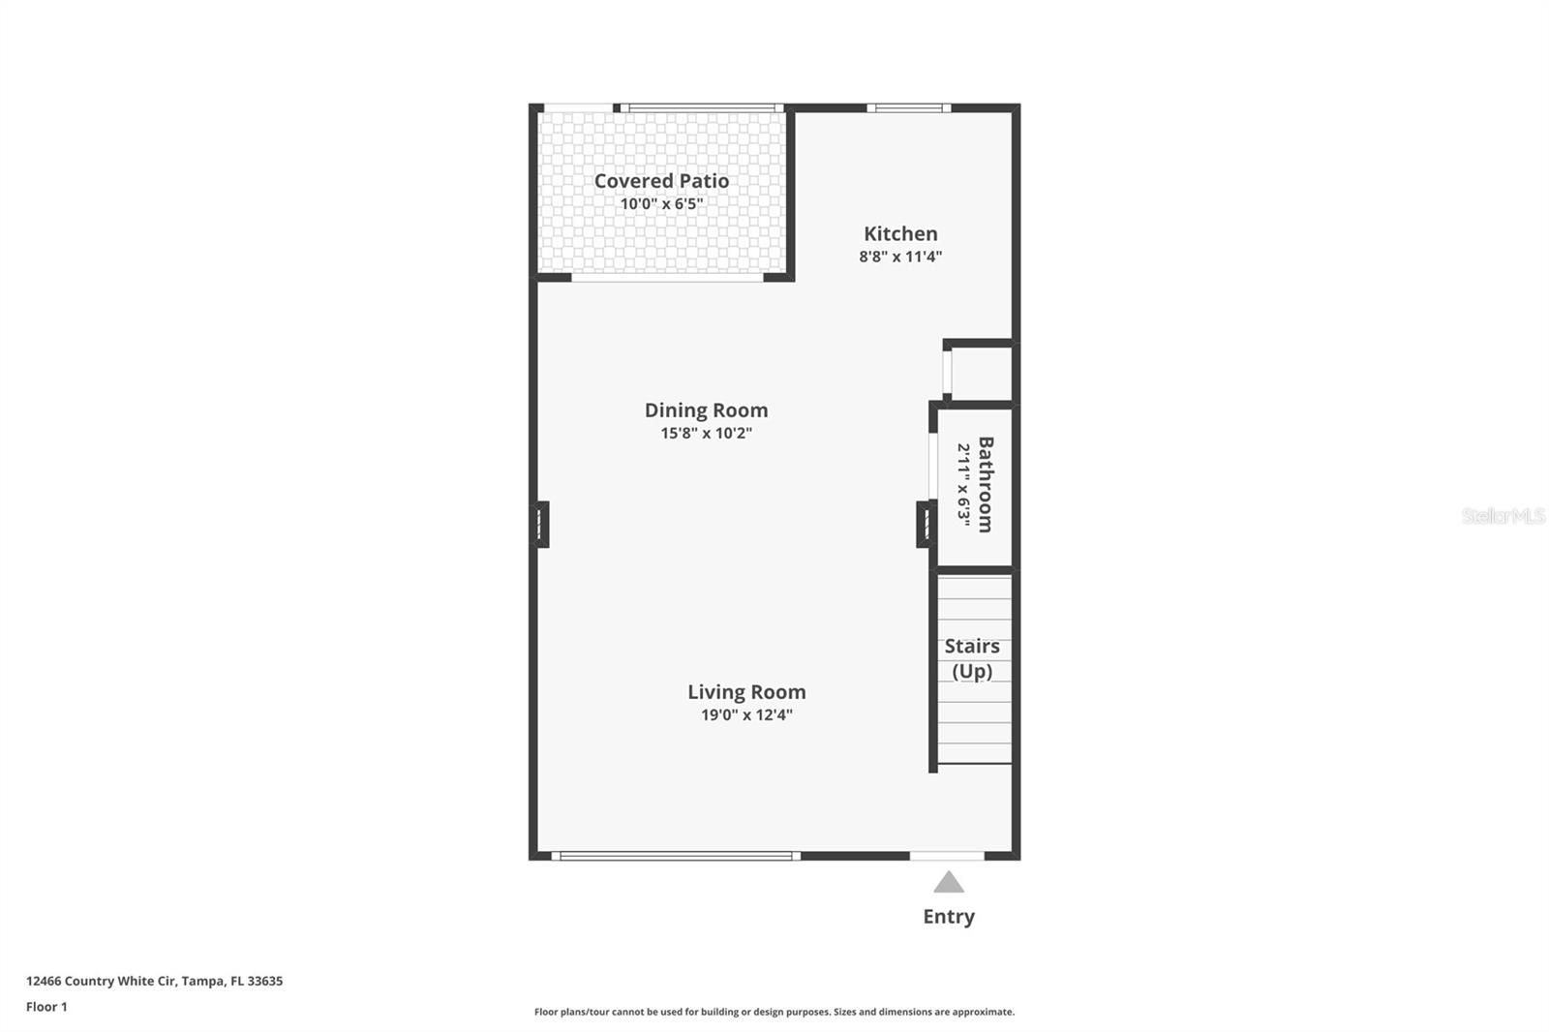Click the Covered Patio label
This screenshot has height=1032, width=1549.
coord(661,181)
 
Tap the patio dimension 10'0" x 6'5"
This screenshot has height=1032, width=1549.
coord(661,204)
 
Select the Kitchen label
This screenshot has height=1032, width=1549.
coord(900,233)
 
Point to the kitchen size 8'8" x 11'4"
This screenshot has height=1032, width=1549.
coord(900,257)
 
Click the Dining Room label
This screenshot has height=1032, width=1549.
coord(706,410)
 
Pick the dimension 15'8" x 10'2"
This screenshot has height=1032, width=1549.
coord(706,434)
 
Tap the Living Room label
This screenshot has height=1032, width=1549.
coord(746,692)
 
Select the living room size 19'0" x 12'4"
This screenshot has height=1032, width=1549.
coord(746,715)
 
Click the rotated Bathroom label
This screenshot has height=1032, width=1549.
coord(985,484)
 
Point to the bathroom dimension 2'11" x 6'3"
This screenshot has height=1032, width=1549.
coord(963,484)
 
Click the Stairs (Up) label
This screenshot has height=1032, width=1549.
coord(972,658)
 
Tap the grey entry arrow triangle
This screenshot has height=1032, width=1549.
coord(949,882)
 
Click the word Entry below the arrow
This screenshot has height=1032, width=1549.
coord(949,917)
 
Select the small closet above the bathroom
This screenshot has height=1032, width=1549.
coord(982,373)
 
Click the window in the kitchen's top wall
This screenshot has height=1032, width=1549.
coord(908,108)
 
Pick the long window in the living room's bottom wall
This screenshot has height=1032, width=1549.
coord(676,856)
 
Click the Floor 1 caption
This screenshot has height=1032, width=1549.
coord(46,1007)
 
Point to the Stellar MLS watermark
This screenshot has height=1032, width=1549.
coord(1503,516)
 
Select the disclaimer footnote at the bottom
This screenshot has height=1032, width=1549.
coord(774,1012)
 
